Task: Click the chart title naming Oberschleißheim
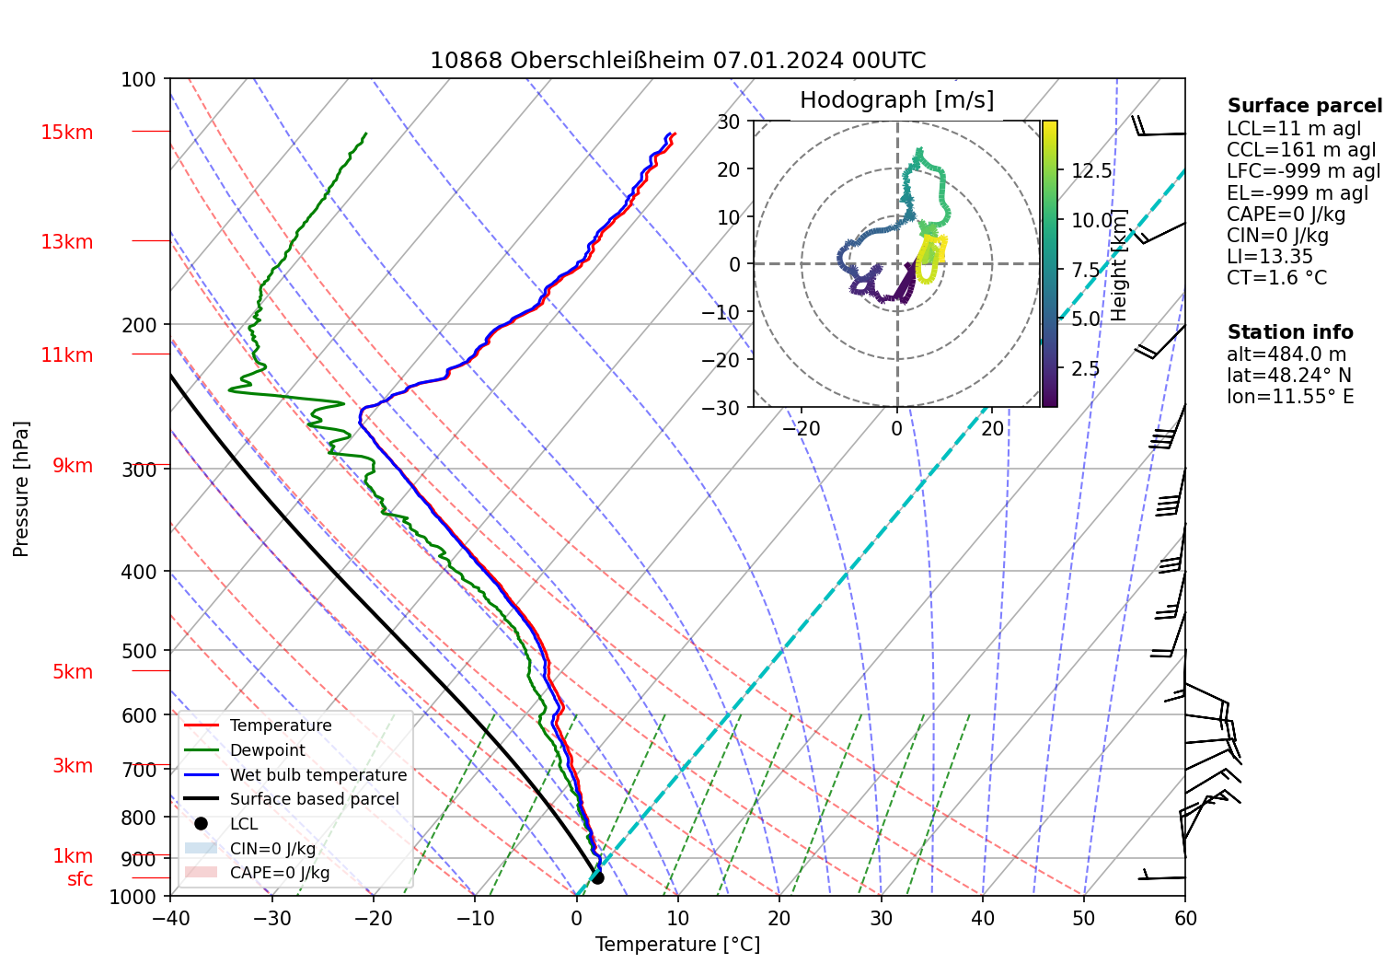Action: (677, 61)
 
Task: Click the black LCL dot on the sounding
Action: (597, 877)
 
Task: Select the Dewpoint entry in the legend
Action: (267, 750)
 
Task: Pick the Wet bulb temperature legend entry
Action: (317, 775)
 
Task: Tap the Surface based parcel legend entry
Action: (314, 799)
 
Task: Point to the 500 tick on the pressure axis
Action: (139, 651)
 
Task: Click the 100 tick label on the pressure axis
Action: (139, 80)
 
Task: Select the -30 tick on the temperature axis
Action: (271, 918)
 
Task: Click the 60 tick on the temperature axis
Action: (1185, 918)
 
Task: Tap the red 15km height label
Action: (66, 133)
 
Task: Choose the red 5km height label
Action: (73, 672)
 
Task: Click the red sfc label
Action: (80, 879)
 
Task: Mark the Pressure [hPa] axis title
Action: (21, 489)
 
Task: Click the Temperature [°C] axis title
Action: (677, 945)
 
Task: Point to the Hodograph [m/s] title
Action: (896, 100)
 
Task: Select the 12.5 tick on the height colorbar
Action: (1091, 171)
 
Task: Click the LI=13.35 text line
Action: (1269, 257)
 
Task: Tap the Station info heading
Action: (1290, 332)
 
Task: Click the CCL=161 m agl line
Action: (1301, 150)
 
